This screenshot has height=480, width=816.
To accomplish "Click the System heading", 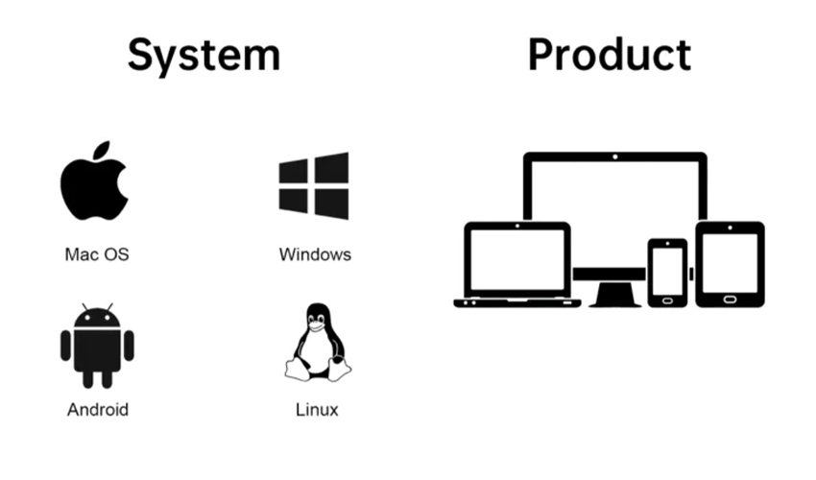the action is (204, 56).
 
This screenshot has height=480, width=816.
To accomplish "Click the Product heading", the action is (610, 55).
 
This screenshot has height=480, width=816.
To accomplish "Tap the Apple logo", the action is (94, 181).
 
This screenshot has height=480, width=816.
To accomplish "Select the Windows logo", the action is (314, 186).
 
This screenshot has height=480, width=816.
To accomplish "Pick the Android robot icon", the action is (97, 346).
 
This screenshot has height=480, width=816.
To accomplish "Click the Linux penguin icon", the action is (318, 342).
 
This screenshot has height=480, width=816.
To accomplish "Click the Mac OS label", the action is (97, 254).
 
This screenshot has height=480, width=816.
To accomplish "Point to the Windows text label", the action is (315, 254).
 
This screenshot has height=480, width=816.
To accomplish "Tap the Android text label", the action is (98, 410).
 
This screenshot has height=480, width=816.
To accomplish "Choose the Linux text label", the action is (317, 410).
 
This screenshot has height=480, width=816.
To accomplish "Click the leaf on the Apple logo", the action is (102, 150).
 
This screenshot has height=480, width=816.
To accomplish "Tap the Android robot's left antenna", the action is (84, 306).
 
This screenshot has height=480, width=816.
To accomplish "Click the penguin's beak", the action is (316, 325).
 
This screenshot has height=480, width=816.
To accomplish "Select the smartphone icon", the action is (668, 273).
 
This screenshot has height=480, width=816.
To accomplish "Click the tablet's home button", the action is (730, 300).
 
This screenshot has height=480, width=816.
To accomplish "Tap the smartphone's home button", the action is (668, 300).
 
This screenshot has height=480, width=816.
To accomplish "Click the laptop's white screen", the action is (517, 260).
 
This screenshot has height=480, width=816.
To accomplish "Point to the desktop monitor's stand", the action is (614, 295).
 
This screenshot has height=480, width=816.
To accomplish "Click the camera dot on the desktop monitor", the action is (615, 156).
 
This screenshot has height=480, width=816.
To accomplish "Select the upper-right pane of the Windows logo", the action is (331, 168).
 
